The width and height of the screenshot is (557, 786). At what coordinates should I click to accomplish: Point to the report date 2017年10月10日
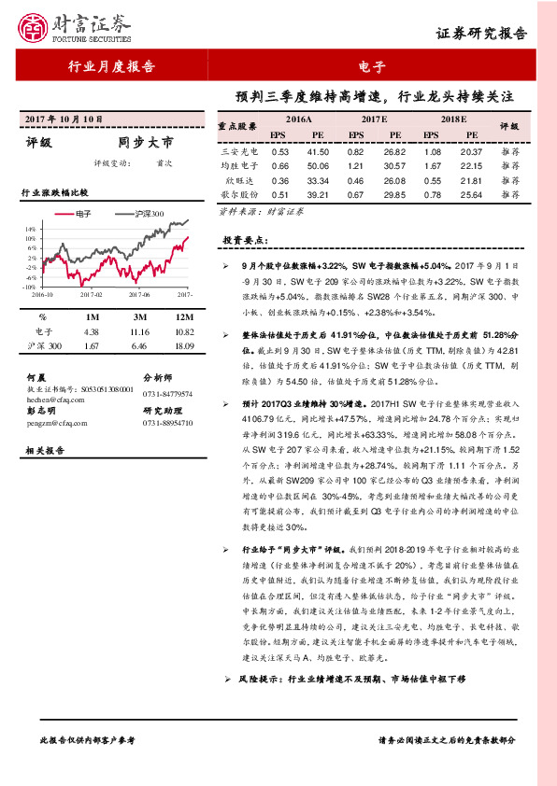click(x=62, y=120)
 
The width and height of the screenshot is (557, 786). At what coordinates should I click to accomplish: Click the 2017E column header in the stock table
click(x=374, y=121)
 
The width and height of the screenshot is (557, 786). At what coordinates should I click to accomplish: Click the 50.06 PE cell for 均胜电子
click(x=318, y=165)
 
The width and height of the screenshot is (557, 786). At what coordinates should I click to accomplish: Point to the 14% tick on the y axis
click(x=31, y=228)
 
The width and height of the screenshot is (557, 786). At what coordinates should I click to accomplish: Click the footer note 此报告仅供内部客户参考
click(x=88, y=738)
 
